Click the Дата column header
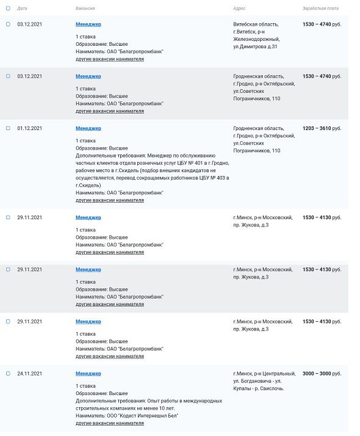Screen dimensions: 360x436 coord(22,9)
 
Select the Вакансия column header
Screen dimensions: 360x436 coord(85,9)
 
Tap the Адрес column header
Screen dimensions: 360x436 coord(239,9)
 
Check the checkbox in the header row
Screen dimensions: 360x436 coord(8,9)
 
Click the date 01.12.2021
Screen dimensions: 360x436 coord(29,128)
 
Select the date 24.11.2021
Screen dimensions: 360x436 coord(29,373)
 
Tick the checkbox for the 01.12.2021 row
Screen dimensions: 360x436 coord(8,128)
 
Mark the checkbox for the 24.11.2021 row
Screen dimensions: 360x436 coord(8,373)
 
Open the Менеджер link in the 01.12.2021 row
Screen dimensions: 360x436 coord(88,128)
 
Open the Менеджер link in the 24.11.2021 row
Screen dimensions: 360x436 coord(88,373)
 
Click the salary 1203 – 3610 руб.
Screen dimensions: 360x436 coord(322,128)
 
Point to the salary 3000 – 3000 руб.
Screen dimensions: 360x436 coord(322,373)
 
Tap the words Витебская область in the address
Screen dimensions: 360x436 coord(256,24)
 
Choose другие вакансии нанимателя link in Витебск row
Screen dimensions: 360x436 coord(110,60)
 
